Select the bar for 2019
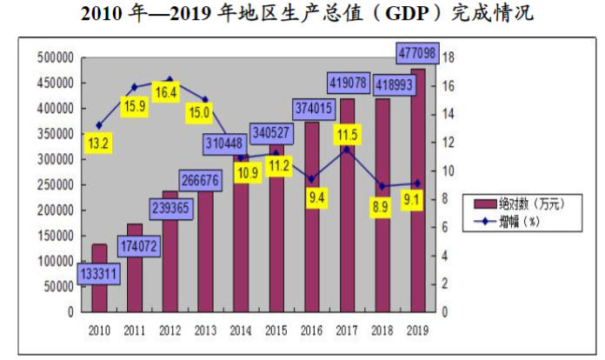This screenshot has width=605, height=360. click(418, 191)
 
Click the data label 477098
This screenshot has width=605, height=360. click(417, 54)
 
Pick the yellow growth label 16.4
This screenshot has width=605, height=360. click(166, 92)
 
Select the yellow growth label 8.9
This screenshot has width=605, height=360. click(380, 208)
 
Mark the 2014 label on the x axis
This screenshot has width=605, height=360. click(241, 330)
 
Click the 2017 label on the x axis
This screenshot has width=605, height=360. click(347, 330)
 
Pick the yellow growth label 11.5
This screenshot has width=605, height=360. click(346, 135)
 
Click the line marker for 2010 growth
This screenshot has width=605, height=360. click(98, 126)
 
